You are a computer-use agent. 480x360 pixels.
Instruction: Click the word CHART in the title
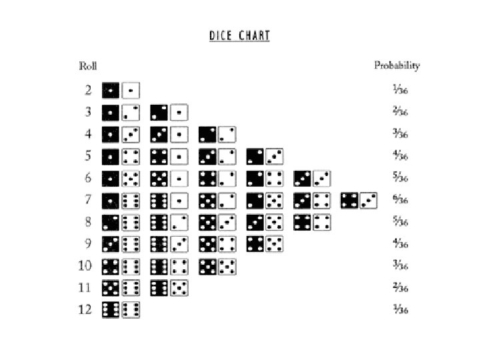point(254,35)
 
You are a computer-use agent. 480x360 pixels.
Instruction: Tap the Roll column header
point(88,65)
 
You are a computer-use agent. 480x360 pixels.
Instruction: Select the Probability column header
point(397,65)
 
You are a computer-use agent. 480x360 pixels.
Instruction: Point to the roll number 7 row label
point(87,199)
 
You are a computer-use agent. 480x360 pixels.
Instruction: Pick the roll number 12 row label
point(86,309)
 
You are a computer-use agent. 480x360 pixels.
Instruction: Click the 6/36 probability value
point(400,199)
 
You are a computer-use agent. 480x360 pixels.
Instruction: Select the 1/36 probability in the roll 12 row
point(400,309)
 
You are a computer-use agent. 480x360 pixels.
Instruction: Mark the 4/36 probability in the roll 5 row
point(400,156)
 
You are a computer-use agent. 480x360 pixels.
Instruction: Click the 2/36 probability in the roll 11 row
point(400,287)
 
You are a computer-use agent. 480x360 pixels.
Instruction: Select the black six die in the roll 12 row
point(111,309)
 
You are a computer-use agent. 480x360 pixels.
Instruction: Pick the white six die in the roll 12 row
point(131,309)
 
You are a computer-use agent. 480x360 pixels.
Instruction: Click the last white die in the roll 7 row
point(369,199)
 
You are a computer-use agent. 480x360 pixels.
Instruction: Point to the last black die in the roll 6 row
point(303,178)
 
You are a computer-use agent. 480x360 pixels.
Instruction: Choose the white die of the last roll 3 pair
point(179,112)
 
